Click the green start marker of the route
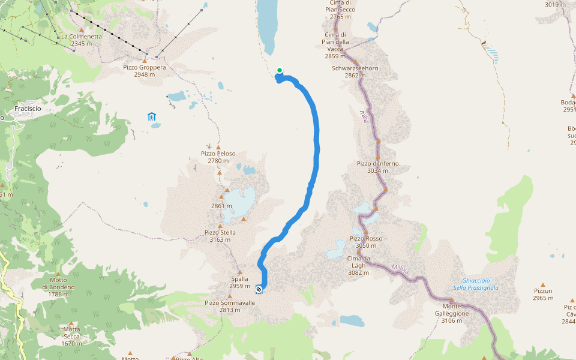[280, 70]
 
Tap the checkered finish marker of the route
[259, 289]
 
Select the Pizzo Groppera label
[145, 67]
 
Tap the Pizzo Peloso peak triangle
[218, 148]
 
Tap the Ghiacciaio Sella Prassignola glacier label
[476, 284]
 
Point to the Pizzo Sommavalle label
[230, 303]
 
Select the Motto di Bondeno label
[58, 283]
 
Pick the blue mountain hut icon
[152, 116]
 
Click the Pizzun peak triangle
[542, 285]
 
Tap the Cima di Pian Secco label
[340, 10]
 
